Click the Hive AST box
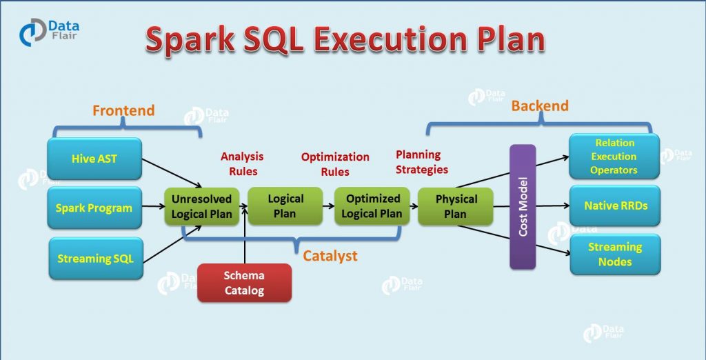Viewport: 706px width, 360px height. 94,159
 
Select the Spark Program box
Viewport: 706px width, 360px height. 94,208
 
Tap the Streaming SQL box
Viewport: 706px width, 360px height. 94,259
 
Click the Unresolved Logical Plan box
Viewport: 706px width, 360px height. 201,206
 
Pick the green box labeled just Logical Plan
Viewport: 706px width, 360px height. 285,206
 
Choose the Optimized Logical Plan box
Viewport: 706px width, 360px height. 372,206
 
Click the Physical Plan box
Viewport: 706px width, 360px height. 456,206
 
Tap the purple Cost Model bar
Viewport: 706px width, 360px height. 522,207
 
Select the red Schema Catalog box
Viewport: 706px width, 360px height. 244,283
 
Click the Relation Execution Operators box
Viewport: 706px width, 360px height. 614,157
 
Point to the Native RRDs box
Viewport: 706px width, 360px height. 614,206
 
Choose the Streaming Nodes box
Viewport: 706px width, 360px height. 614,254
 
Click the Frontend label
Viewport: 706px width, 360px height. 123,110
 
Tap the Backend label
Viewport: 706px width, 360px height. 539,106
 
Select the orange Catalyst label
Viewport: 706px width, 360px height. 330,256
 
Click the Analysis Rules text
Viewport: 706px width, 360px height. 241,164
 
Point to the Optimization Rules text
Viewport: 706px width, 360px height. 335,164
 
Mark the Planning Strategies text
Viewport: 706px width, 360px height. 421,162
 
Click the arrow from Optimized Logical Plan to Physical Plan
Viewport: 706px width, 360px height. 410,206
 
